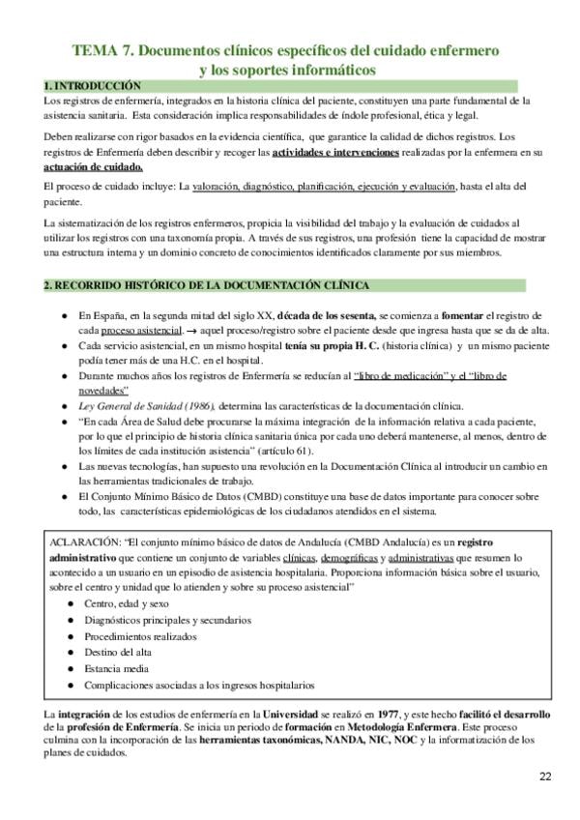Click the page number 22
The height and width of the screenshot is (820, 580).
click(546, 776)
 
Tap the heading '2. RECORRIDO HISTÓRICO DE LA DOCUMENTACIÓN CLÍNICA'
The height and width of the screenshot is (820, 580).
click(206, 285)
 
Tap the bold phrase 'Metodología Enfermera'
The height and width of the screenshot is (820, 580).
click(375, 726)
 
